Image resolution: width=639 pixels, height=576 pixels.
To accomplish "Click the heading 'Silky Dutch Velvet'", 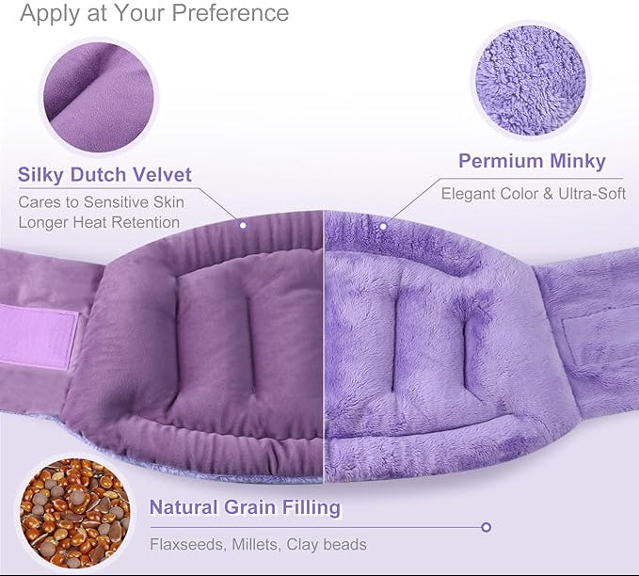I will point(104,174).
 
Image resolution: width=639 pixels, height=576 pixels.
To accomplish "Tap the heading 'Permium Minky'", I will point(532,161).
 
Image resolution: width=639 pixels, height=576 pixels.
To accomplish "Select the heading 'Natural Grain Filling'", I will point(245,508).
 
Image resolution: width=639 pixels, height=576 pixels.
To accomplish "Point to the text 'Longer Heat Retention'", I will point(99,222).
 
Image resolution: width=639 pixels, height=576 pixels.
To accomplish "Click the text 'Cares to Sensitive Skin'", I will point(102,201).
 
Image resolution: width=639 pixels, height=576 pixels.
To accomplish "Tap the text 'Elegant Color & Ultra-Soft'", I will point(534,194).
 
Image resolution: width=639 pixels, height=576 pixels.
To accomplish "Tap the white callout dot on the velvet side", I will point(243,226).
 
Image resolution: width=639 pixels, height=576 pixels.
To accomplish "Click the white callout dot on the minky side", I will point(383,226).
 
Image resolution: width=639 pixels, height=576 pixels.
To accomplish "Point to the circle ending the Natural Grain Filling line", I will point(486,527).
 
